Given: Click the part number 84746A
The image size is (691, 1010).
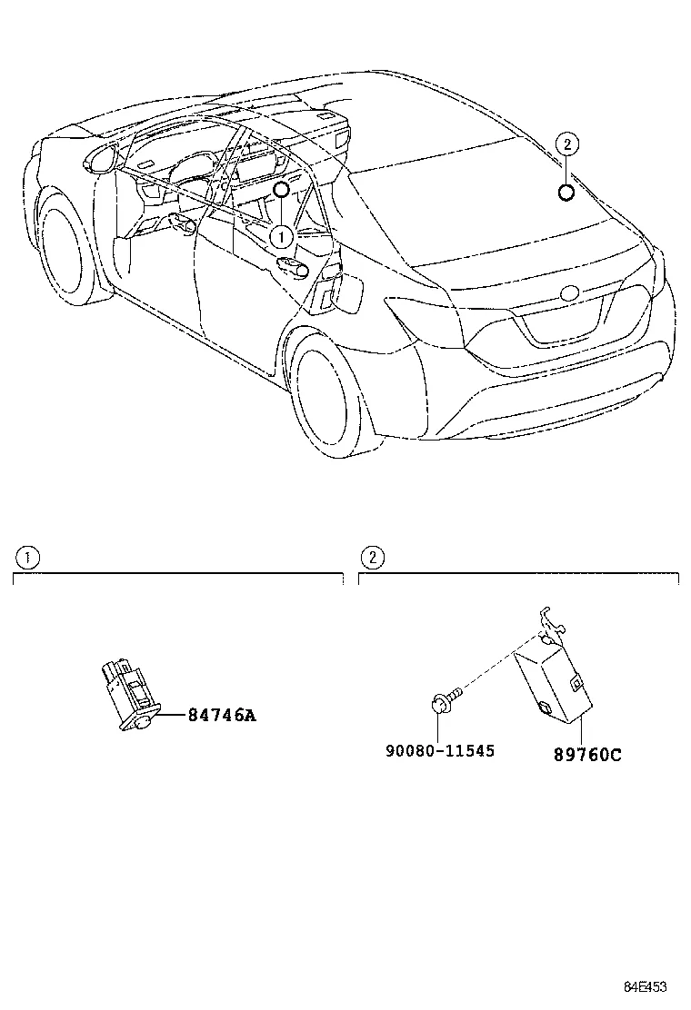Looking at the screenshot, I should (222, 715).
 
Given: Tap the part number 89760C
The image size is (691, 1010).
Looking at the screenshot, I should (587, 754).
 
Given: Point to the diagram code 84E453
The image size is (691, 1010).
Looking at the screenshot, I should (645, 987).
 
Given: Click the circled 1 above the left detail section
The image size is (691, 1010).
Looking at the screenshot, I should (28, 556).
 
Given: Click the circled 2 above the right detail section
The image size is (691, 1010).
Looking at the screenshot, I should (371, 556).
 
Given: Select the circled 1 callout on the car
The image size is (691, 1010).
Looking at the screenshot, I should (281, 236).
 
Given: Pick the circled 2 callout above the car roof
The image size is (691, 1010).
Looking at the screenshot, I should (566, 144).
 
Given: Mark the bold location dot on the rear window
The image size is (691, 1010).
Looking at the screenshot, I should (566, 191).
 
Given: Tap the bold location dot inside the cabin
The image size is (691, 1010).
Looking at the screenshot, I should (281, 189).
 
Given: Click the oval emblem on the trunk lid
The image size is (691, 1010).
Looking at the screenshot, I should (570, 293).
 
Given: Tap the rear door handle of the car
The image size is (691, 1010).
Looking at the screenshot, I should (292, 264).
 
